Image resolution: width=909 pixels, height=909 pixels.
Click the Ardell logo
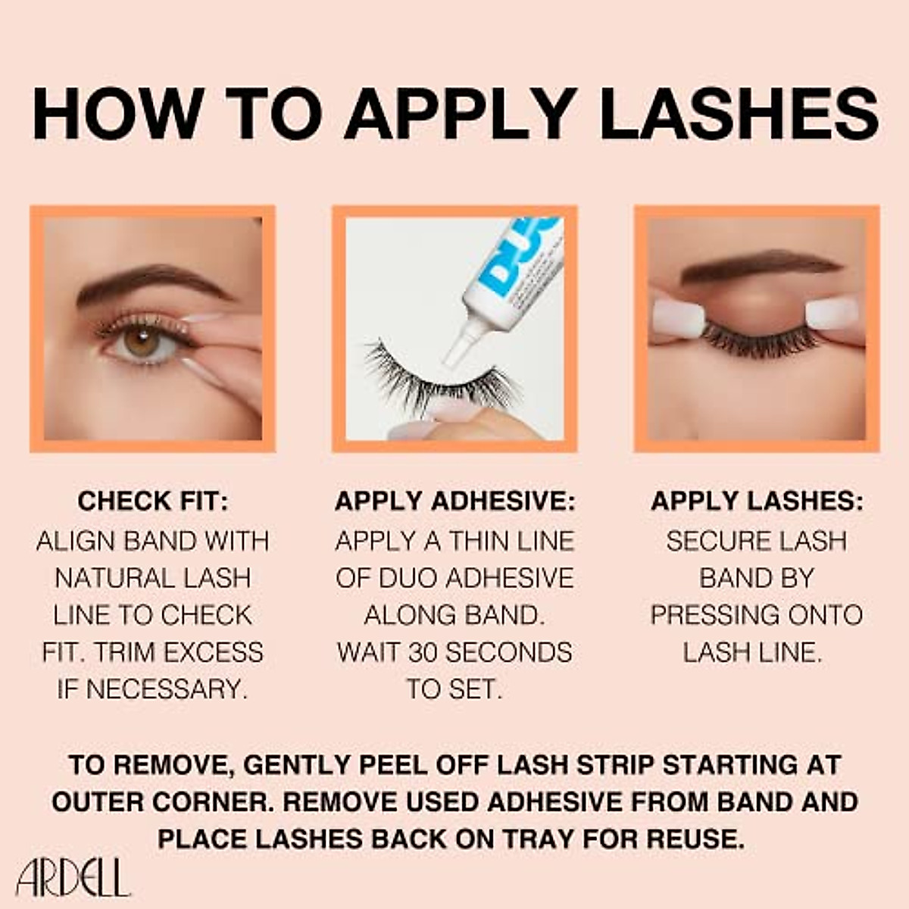pos(73,879)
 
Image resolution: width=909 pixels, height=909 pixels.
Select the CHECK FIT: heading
pos(152,501)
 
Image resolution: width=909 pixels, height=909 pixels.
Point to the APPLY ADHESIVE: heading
pos(454,501)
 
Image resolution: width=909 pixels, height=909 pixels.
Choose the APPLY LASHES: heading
pos(757,501)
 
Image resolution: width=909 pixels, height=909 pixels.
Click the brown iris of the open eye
pos(142,342)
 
